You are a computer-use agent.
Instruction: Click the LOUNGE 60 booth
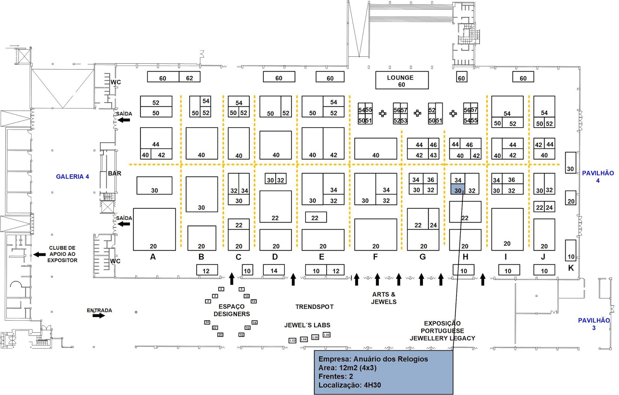pyautogui.click(x=402, y=80)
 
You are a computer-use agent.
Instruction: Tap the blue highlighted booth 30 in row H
pyautogui.click(x=458, y=189)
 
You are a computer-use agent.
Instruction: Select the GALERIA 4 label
pyautogui.click(x=72, y=177)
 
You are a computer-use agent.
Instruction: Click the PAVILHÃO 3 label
pyautogui.click(x=594, y=324)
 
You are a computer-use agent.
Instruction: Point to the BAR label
pyautogui.click(x=115, y=174)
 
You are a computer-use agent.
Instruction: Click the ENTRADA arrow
pyautogui.click(x=99, y=315)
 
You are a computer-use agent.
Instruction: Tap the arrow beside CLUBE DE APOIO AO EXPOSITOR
pyautogui.click(x=39, y=254)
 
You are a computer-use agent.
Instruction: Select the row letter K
pyautogui.click(x=571, y=268)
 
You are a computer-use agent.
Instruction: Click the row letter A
pyautogui.click(x=153, y=257)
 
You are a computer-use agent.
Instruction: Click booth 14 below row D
pyautogui.click(x=274, y=270)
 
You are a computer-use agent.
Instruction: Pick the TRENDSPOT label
pyautogui.click(x=314, y=307)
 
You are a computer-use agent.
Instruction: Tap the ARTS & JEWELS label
pyautogui.click(x=383, y=298)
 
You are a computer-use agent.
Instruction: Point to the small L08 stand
pyautogui.click(x=327, y=335)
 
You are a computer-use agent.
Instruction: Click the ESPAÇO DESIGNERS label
pyautogui.click(x=231, y=310)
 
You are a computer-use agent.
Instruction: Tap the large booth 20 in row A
pyautogui.click(x=154, y=230)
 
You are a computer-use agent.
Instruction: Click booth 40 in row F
pyautogui.click(x=375, y=149)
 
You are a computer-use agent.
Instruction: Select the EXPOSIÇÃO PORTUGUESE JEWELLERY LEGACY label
pyautogui.click(x=442, y=331)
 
